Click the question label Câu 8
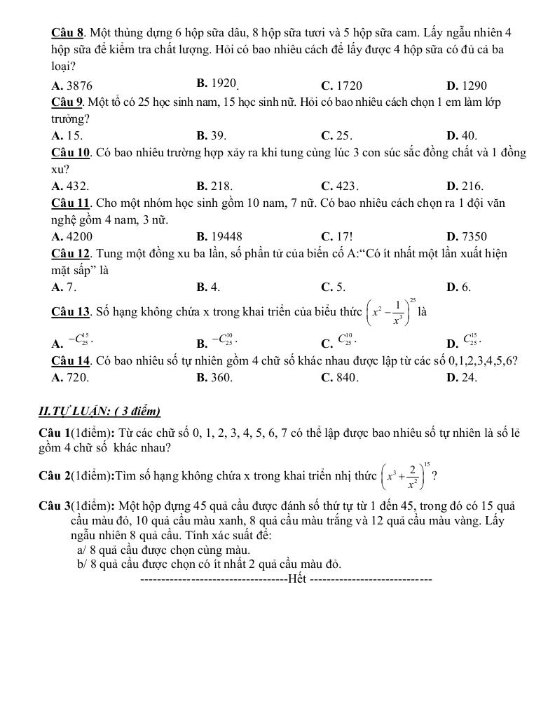click(x=68, y=33)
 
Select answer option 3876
click(x=72, y=86)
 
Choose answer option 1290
click(x=466, y=86)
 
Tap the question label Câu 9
click(x=68, y=102)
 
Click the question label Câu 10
click(x=71, y=153)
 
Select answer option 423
click(x=340, y=187)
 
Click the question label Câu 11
click(x=71, y=203)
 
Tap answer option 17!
click(x=337, y=237)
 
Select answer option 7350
click(x=466, y=237)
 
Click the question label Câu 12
click(x=71, y=254)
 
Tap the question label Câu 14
click(x=71, y=360)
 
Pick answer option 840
click(x=340, y=377)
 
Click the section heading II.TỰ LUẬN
click(x=100, y=411)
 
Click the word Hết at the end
click(x=297, y=579)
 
